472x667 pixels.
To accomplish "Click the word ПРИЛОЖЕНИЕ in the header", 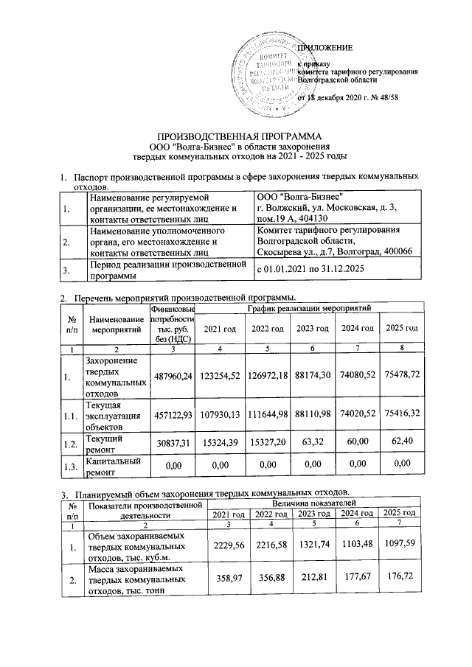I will (x=322, y=48).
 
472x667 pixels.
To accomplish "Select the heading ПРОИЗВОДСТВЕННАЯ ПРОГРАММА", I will (x=236, y=137).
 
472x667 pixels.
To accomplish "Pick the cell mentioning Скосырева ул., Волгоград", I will (x=334, y=241).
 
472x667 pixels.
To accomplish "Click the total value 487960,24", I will (x=172, y=377).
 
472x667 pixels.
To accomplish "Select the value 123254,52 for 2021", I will (x=219, y=377).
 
